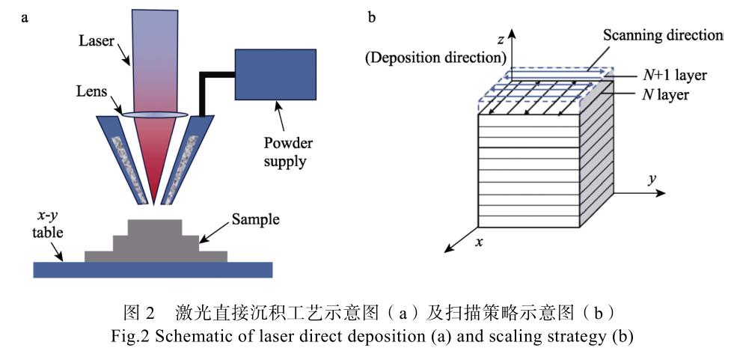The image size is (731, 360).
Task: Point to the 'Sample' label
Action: pyautogui.click(x=255, y=219)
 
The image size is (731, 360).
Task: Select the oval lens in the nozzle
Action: pyautogui.click(x=156, y=115)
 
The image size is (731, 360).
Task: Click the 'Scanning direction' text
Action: pyautogui.click(x=663, y=37)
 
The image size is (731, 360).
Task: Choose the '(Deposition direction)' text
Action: pyautogui.click(x=435, y=56)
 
